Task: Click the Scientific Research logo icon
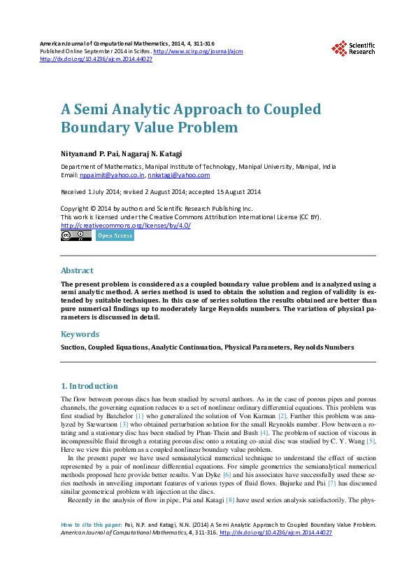point(340,48)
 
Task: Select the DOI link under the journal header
point(96,59)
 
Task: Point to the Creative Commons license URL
point(126,226)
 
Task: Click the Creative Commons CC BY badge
point(76,236)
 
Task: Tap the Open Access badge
point(115,236)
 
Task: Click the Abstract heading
point(77,270)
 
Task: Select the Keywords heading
point(80,334)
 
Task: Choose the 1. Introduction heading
point(89,386)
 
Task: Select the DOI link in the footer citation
point(275,533)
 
